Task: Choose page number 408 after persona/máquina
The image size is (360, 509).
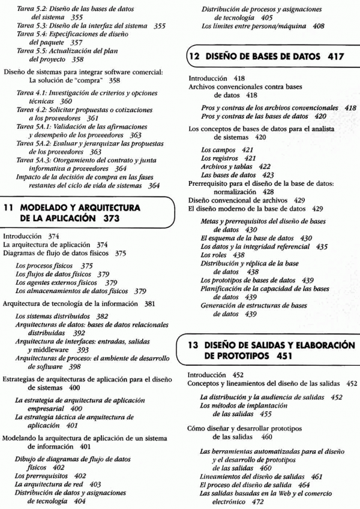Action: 318,26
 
